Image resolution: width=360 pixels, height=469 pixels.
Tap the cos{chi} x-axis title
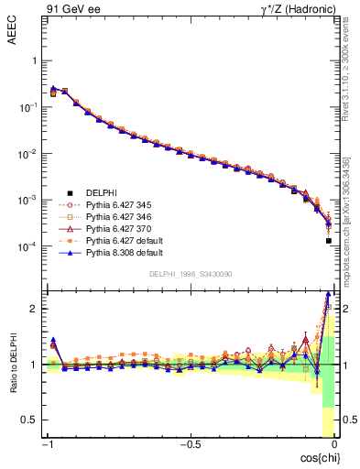click(x=317, y=457)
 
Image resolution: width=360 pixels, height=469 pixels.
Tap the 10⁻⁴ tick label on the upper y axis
click(x=28, y=246)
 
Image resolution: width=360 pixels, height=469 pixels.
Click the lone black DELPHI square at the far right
click(x=328, y=241)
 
